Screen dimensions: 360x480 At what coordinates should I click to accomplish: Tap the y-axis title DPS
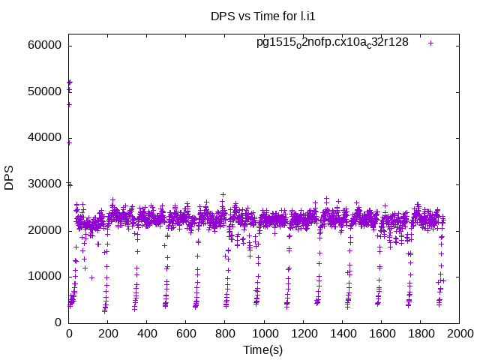pyautogui.click(x=9, y=177)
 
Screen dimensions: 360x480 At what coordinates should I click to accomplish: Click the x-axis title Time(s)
pyautogui.click(x=262, y=350)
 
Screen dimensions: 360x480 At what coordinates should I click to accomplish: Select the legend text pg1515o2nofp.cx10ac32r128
pyautogui.click(x=332, y=42)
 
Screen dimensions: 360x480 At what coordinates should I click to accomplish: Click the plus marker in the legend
pyautogui.click(x=430, y=43)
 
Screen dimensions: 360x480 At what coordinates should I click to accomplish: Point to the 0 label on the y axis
pyautogui.click(x=58, y=322)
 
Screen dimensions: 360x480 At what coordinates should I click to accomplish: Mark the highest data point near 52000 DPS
pyautogui.click(x=70, y=82)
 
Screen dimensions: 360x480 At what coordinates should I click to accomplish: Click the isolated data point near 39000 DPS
pyautogui.click(x=69, y=142)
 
